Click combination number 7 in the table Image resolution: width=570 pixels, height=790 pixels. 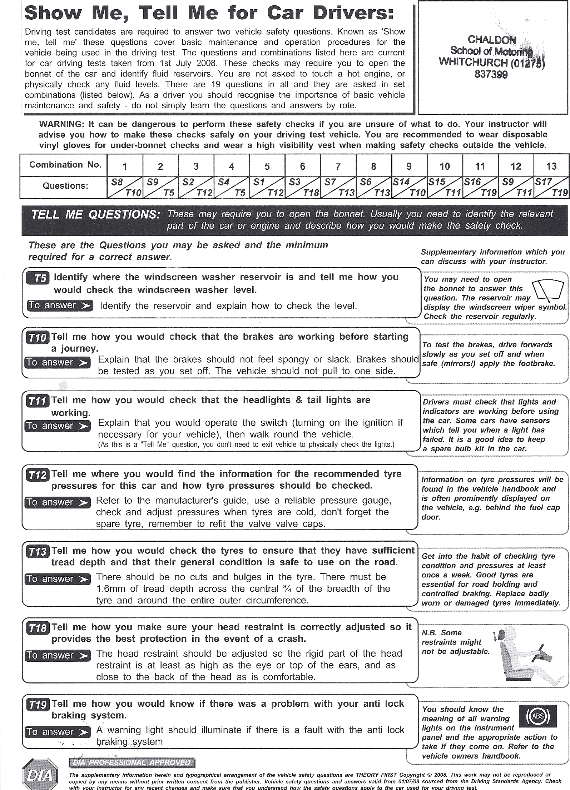tap(338, 166)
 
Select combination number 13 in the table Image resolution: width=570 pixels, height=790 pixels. tap(551, 166)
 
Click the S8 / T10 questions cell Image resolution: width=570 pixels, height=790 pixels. tap(125, 187)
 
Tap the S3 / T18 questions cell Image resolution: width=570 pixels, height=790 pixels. tap(302, 187)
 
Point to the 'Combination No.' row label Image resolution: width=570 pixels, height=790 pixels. tap(65, 165)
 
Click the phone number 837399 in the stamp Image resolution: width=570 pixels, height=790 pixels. tap(491, 75)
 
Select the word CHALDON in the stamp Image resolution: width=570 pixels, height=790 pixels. tap(492, 40)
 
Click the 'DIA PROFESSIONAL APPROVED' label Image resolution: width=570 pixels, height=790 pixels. tap(132, 762)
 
